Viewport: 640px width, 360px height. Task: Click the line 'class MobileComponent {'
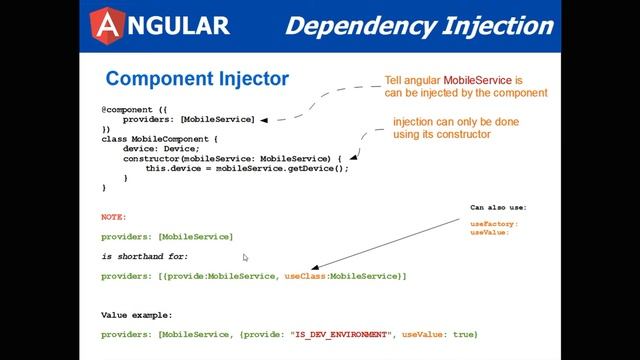tap(159, 139)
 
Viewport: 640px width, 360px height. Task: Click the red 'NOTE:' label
tap(114, 216)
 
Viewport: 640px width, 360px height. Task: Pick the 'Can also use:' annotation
tap(498, 208)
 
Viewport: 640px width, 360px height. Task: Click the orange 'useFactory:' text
tap(494, 224)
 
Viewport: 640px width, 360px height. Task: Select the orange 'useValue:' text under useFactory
tap(489, 232)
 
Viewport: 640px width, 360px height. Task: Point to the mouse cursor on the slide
tap(245, 257)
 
